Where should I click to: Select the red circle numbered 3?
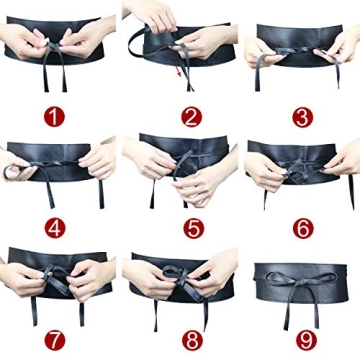click(x=301, y=117)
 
